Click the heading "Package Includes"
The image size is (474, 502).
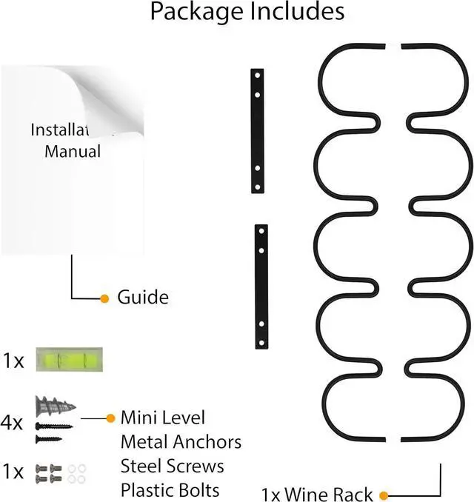click(x=247, y=13)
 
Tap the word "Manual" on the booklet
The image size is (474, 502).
click(x=72, y=152)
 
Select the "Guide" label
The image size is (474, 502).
click(x=143, y=298)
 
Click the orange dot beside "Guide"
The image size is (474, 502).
click(x=104, y=298)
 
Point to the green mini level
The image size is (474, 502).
click(x=71, y=361)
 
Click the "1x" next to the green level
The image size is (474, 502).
click(x=13, y=361)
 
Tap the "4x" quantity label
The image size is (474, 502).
click(x=13, y=424)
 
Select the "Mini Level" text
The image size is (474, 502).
click(x=162, y=418)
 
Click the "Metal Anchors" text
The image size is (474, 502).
click(x=181, y=442)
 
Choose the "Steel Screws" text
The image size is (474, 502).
click(x=172, y=466)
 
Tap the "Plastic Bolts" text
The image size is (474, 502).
click(x=170, y=490)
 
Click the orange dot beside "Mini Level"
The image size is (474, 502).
click(x=110, y=418)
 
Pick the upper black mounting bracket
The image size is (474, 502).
click(x=257, y=131)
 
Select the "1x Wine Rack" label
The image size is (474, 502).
click(x=317, y=493)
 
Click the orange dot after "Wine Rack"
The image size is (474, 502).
click(x=384, y=494)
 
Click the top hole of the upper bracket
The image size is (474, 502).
click(x=257, y=76)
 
